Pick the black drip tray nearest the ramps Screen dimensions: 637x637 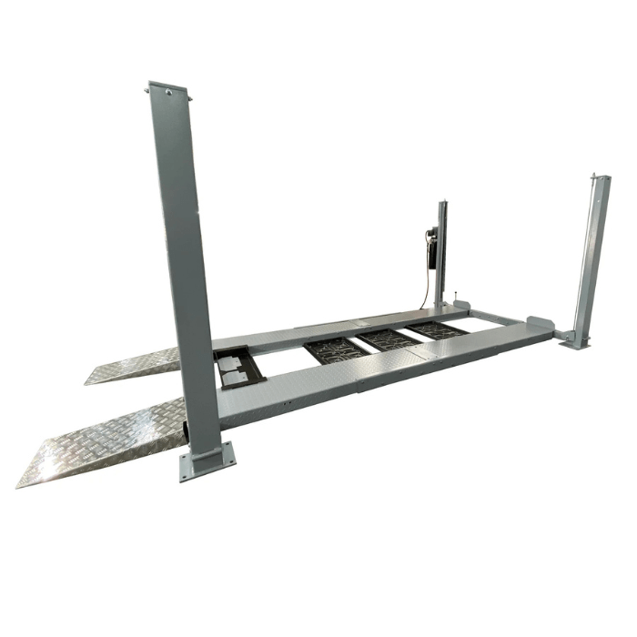[x=338, y=349]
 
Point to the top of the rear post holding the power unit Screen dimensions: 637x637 [x=443, y=202]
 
